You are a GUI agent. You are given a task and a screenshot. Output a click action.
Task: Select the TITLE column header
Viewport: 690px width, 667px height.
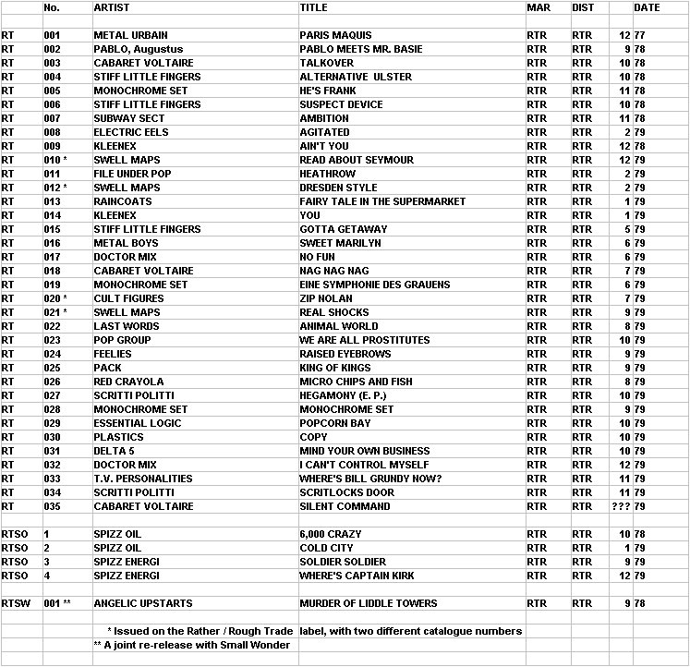pos(313,7)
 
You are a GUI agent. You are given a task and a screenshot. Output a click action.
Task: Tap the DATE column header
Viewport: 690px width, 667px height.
pos(647,7)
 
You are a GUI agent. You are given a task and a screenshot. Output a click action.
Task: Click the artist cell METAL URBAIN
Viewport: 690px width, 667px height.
pos(130,35)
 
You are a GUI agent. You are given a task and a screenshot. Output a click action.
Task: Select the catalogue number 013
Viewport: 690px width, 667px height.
pos(52,201)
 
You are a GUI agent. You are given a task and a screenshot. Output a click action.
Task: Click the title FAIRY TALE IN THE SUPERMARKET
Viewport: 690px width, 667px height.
pos(382,201)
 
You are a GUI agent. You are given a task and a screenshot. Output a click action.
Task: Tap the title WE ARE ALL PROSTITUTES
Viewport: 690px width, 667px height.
pos(365,340)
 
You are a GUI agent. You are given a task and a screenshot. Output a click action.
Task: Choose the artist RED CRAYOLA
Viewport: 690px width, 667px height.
pos(128,382)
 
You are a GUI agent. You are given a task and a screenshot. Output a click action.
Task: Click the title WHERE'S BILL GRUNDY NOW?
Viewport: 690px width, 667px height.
pos(370,479)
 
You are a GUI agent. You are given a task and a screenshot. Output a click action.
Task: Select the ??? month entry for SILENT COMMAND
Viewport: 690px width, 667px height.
pos(620,506)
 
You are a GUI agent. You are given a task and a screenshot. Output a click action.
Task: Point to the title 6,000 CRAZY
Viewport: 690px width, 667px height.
pos(330,534)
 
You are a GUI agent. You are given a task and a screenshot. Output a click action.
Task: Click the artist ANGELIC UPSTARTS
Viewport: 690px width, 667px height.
pos(143,603)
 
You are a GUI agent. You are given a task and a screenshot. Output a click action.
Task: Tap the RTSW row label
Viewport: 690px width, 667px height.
pos(15,603)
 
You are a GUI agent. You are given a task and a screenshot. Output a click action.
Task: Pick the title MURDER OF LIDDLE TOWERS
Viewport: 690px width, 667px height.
pos(369,603)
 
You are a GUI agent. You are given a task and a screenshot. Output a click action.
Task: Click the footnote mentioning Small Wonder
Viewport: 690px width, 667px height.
pos(192,645)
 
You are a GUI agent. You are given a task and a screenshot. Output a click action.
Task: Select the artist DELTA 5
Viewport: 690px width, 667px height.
pos(114,451)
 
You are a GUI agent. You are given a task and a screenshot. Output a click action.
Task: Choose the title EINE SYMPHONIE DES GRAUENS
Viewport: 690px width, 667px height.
pos(375,285)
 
